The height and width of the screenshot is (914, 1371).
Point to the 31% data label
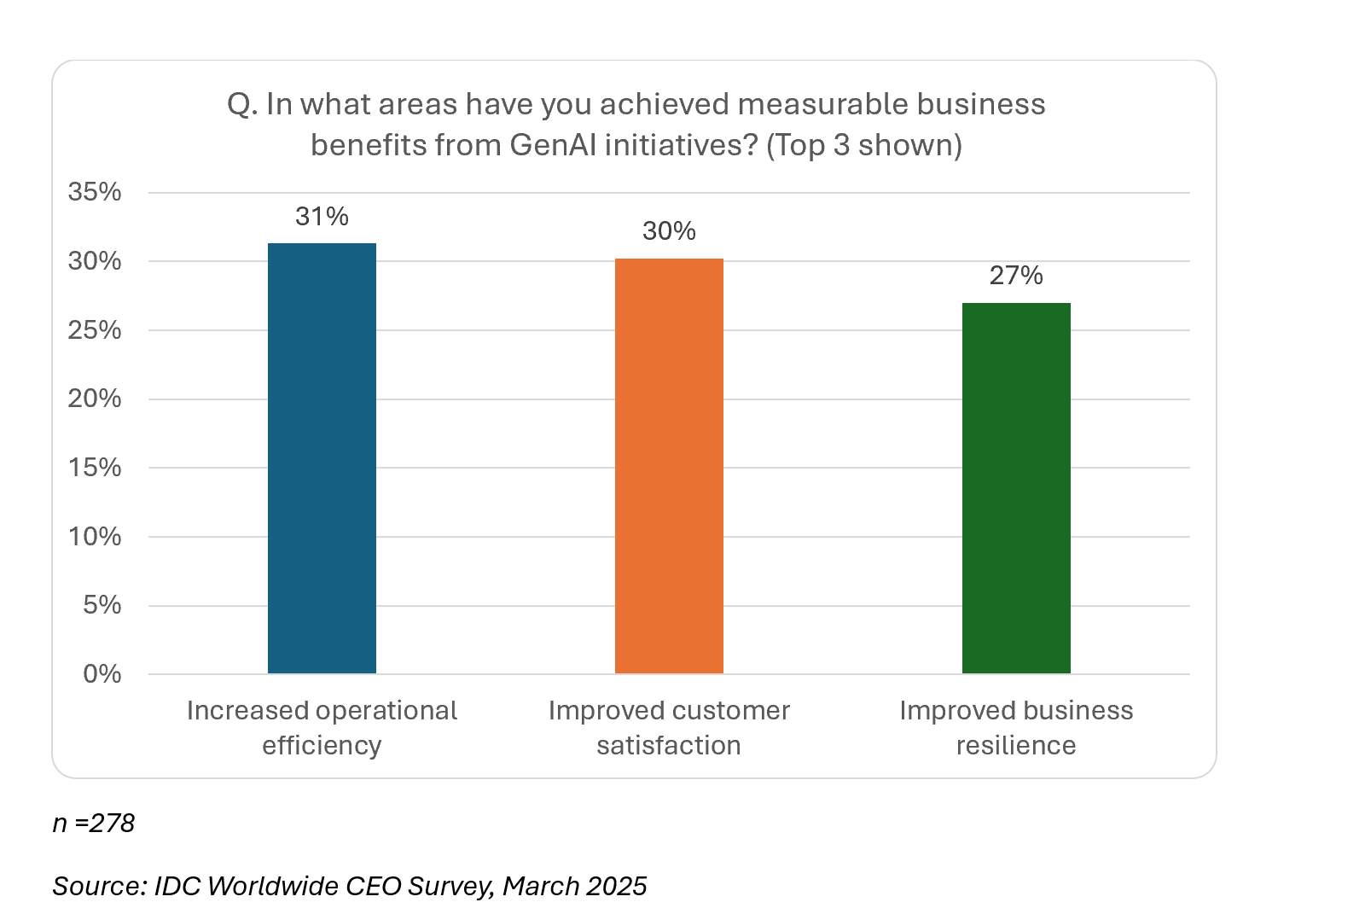click(x=322, y=217)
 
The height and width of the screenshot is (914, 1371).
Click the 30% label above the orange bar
click(x=669, y=231)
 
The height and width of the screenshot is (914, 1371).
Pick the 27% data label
click(x=1016, y=276)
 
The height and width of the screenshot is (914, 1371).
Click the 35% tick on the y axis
click(x=95, y=192)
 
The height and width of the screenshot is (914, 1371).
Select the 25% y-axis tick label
click(x=95, y=330)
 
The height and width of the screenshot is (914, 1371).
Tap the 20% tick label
click(x=95, y=399)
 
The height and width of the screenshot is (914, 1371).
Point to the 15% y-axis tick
click(x=95, y=468)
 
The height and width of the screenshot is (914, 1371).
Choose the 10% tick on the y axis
click(x=95, y=537)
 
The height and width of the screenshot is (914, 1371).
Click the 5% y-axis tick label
click(x=102, y=605)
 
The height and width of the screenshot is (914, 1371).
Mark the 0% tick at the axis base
click(x=102, y=674)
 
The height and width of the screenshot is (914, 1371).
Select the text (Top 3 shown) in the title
click(x=863, y=145)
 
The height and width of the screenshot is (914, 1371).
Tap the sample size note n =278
click(x=94, y=824)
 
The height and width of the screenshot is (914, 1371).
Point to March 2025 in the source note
click(x=574, y=886)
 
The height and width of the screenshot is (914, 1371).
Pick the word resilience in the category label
click(x=1015, y=746)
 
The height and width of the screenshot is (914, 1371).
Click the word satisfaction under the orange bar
click(x=668, y=746)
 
